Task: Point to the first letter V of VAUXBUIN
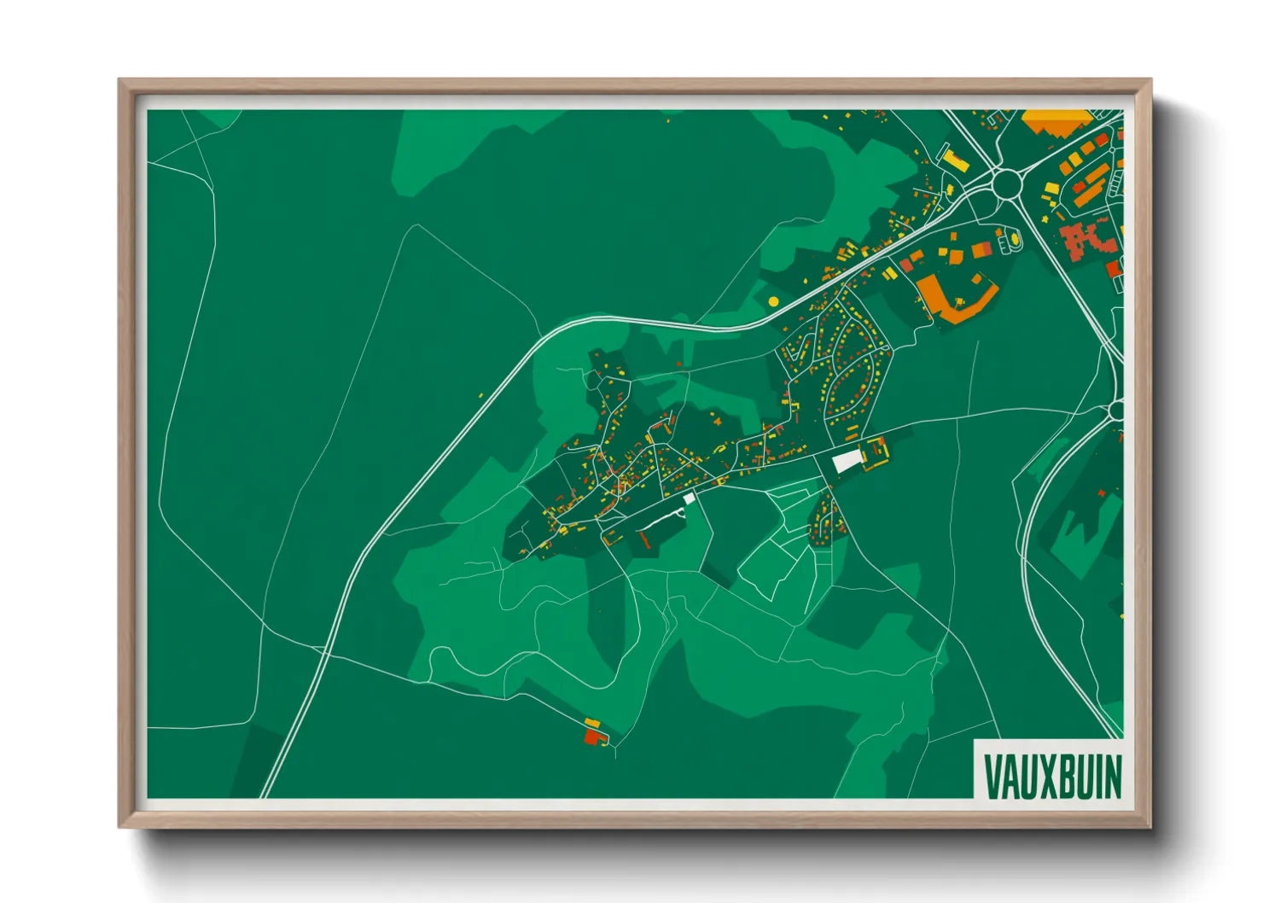click(992, 777)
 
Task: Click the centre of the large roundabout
click(1007, 183)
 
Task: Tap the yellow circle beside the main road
click(773, 301)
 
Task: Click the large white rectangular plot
click(847, 462)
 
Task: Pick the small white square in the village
click(689, 498)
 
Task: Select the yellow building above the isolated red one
click(592, 724)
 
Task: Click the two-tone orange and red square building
click(981, 249)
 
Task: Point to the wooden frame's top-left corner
click(119, 80)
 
